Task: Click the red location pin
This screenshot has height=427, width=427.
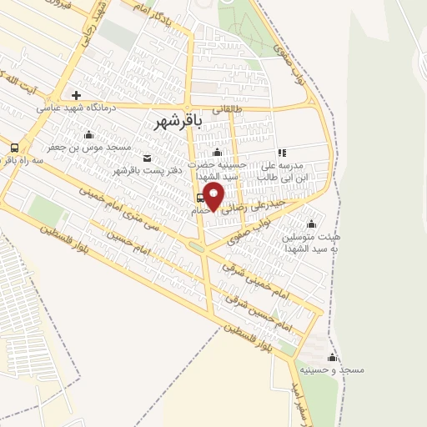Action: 214,197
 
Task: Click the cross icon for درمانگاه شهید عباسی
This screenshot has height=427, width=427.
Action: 76,95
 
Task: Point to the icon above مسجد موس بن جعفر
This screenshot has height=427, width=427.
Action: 89,133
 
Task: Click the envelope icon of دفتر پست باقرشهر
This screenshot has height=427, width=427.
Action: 148,158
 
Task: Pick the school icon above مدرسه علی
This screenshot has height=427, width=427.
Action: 282,153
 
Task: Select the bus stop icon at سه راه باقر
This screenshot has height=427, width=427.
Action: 14,148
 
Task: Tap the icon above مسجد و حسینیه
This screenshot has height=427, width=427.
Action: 333,357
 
